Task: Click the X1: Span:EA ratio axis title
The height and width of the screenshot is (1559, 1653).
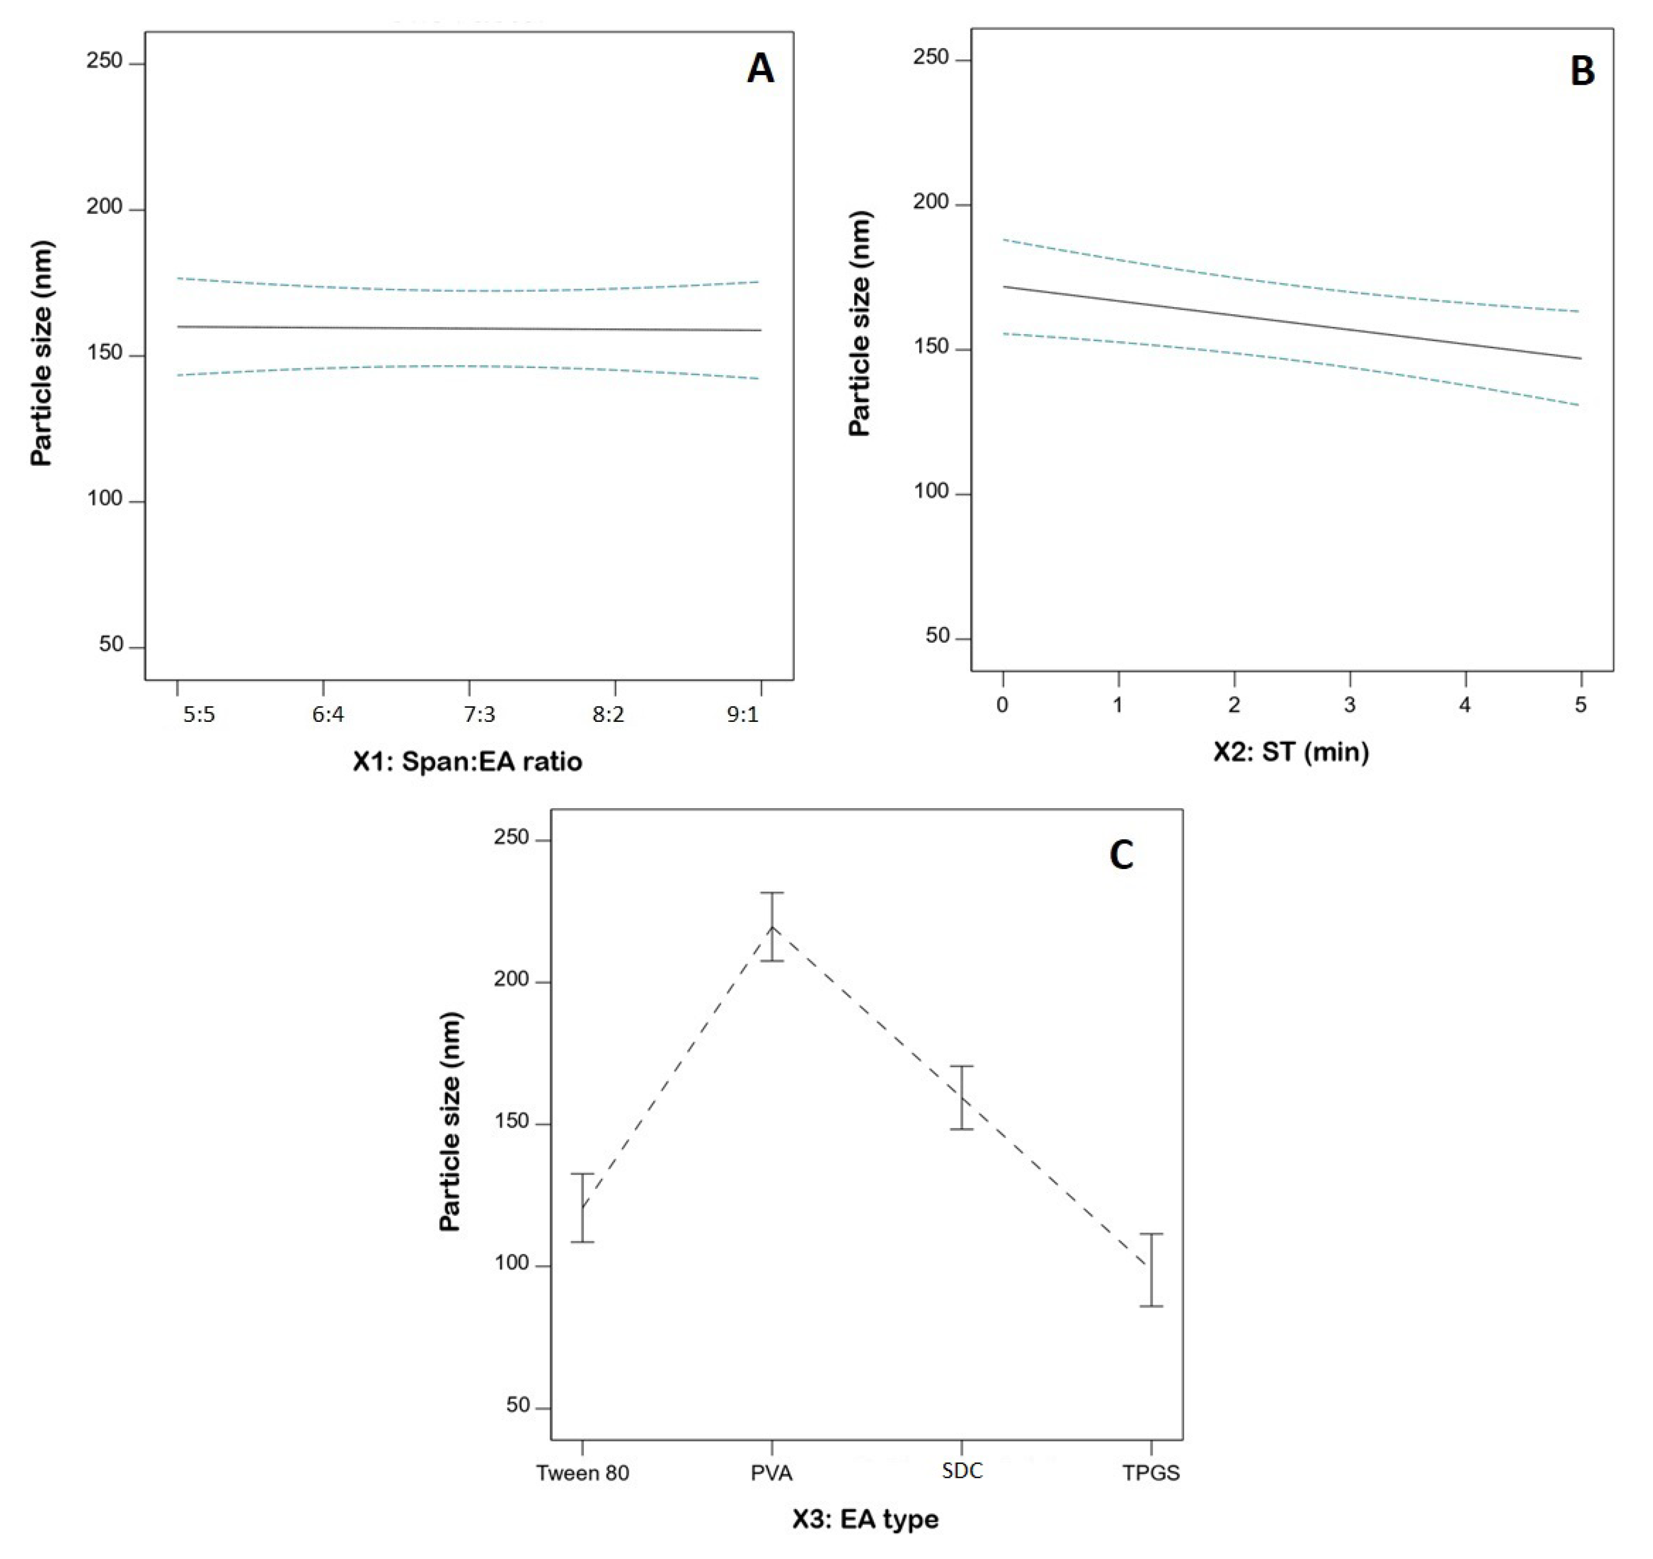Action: (x=467, y=761)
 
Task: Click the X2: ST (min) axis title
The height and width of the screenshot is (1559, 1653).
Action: (x=1290, y=751)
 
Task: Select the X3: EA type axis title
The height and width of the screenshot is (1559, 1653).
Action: (x=865, y=1518)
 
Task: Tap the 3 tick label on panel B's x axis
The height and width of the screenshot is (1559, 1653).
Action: (x=1349, y=705)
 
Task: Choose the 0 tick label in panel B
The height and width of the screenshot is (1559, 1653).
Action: (x=1003, y=705)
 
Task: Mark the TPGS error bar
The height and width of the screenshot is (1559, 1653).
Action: (x=1151, y=1270)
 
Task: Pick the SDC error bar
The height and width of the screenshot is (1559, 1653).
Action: (x=961, y=1097)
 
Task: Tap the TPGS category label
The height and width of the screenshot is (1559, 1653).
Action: (x=1151, y=1473)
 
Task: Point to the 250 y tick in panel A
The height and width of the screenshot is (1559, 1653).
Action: (x=104, y=61)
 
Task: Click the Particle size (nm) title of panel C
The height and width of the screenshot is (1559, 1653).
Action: (x=450, y=1122)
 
